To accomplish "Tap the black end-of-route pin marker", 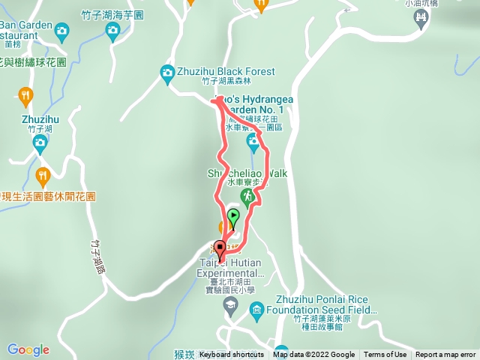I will (x=220, y=247).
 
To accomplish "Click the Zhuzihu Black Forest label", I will (x=226, y=72).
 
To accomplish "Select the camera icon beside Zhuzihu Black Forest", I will (x=167, y=72).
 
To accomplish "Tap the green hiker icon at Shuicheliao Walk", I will (x=247, y=196).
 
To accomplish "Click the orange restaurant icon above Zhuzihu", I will (x=25, y=94).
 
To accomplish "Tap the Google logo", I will (x=28, y=349).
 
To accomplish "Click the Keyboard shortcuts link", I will (x=232, y=355).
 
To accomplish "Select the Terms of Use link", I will (x=385, y=355).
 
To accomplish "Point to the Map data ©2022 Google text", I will (x=313, y=355).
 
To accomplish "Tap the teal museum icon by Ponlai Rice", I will (x=256, y=309).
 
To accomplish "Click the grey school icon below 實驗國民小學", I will (x=230, y=304).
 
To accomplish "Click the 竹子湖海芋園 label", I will (x=112, y=15).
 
